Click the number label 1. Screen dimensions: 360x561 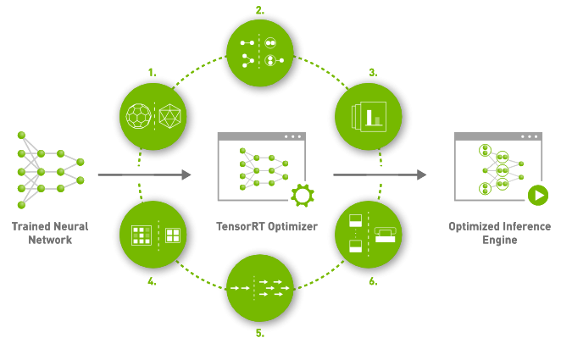(153, 74)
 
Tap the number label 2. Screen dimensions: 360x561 (259, 10)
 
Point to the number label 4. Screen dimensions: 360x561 (152, 281)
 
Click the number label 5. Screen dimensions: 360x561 (260, 333)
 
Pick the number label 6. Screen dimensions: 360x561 (372, 281)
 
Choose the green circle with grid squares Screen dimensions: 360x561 (153, 235)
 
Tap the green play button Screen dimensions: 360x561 (536, 197)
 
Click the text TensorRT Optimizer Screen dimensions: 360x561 (261, 227)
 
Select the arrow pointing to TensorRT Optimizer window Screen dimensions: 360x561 (143, 175)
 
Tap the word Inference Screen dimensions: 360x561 (519, 227)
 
